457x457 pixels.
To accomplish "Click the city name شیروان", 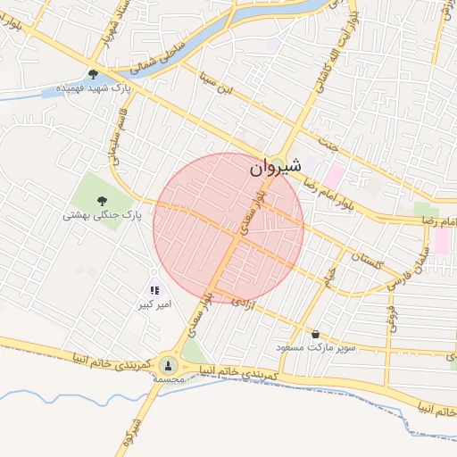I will point(275,166).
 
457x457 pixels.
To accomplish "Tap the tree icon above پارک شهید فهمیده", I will point(93,75).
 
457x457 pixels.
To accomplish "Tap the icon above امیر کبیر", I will point(154,290).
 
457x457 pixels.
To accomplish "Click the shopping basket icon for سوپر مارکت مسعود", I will point(315,335).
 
